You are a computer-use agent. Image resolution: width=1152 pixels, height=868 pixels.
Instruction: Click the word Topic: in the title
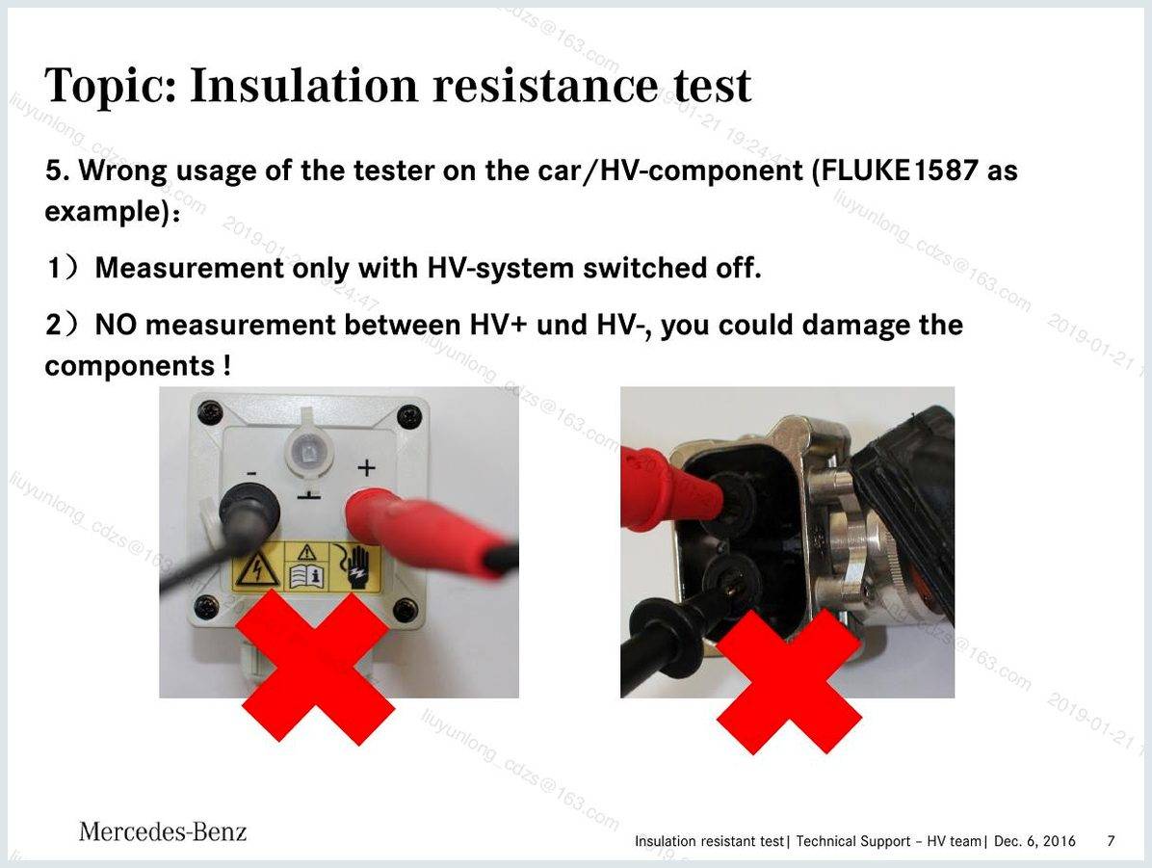click(x=110, y=87)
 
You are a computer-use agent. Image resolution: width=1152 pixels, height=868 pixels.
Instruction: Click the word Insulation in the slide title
click(x=305, y=85)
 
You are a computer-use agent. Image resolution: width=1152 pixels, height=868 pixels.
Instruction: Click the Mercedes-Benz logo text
click(x=163, y=831)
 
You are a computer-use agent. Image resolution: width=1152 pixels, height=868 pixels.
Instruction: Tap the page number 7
click(x=1111, y=840)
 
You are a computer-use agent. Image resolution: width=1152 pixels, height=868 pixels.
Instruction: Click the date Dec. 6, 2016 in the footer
click(x=1034, y=841)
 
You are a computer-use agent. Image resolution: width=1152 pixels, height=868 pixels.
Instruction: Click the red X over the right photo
click(x=788, y=682)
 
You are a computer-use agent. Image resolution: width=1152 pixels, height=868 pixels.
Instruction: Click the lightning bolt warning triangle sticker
click(x=256, y=568)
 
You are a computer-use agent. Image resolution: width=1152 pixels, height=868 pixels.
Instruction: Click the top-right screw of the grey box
click(x=408, y=417)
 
